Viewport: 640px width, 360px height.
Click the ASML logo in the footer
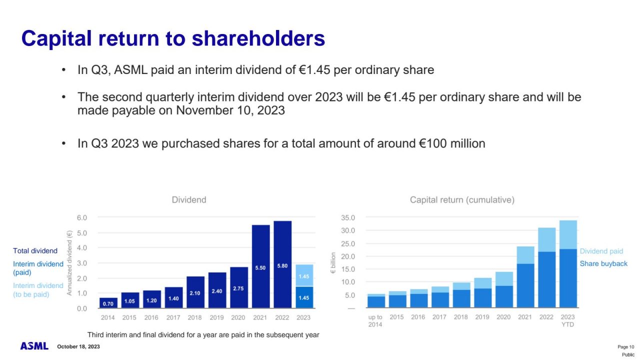click(x=34, y=346)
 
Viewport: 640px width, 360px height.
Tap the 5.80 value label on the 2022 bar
click(x=282, y=266)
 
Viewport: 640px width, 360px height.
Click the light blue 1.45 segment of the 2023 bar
click(x=303, y=275)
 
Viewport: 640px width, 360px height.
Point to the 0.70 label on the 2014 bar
click(x=108, y=303)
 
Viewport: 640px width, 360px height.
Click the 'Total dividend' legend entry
click(x=35, y=251)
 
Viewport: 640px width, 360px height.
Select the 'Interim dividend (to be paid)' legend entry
click(x=38, y=290)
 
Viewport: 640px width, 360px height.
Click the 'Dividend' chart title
click(x=189, y=200)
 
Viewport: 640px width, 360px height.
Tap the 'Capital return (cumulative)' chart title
click(x=462, y=200)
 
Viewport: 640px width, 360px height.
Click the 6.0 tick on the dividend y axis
click(x=81, y=218)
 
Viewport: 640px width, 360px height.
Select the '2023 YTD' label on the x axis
click(x=567, y=320)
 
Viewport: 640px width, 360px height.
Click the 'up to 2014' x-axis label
click(x=375, y=320)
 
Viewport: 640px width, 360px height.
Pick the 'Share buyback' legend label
click(x=603, y=264)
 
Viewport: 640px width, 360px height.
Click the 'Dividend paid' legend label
click(x=601, y=251)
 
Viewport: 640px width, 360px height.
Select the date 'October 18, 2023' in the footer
click(x=78, y=346)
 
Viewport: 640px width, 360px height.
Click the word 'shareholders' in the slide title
click(x=259, y=38)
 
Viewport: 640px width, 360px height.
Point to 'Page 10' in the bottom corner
click(x=626, y=347)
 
